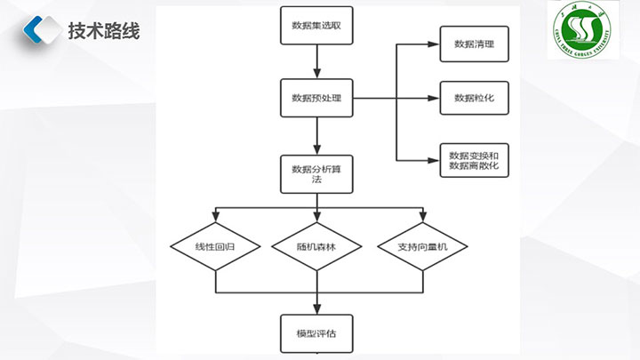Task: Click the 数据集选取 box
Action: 316,27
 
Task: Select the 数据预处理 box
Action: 316,98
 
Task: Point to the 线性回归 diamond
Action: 215,246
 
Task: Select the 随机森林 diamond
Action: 317,246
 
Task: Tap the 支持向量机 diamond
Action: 422,246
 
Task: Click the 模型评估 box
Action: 316,333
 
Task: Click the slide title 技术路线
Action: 103,30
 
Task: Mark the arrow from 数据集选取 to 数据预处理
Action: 316,62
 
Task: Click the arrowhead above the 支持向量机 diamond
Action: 422,217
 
